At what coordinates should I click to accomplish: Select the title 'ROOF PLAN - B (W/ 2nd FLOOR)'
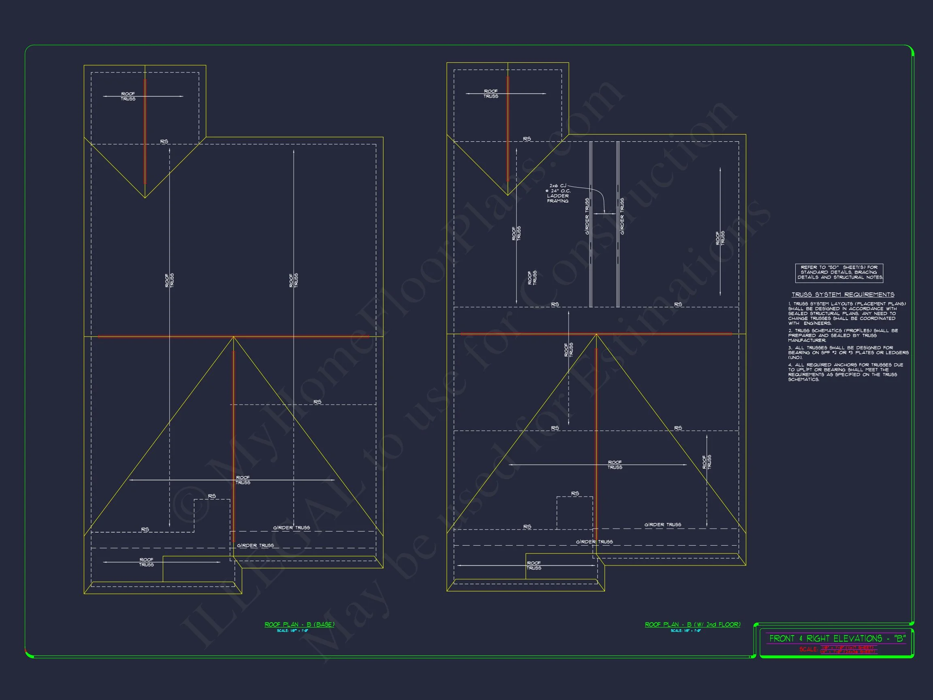(692, 625)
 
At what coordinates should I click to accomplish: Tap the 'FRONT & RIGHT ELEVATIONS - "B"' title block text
(837, 638)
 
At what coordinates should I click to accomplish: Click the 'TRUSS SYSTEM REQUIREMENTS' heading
(843, 295)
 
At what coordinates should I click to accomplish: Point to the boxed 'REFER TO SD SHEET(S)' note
(839, 273)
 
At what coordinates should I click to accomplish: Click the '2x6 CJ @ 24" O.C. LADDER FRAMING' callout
(558, 193)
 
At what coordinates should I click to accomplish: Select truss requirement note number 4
(845, 372)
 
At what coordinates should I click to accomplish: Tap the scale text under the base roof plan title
(292, 631)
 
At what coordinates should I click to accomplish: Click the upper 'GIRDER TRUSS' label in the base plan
(292, 528)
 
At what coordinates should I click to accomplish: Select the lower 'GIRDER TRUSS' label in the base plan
(255, 546)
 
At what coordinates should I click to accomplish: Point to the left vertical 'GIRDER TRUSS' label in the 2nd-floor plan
(587, 216)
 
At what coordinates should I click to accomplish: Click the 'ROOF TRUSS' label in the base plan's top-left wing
(128, 96)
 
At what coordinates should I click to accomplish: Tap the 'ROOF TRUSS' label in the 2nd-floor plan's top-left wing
(490, 94)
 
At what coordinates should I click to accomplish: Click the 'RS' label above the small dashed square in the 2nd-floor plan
(575, 493)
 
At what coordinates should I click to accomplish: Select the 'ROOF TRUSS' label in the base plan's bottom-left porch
(146, 562)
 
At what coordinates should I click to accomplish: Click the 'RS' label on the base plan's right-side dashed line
(317, 402)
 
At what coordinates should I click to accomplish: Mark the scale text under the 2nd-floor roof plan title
(686, 631)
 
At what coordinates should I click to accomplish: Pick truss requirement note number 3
(848, 353)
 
